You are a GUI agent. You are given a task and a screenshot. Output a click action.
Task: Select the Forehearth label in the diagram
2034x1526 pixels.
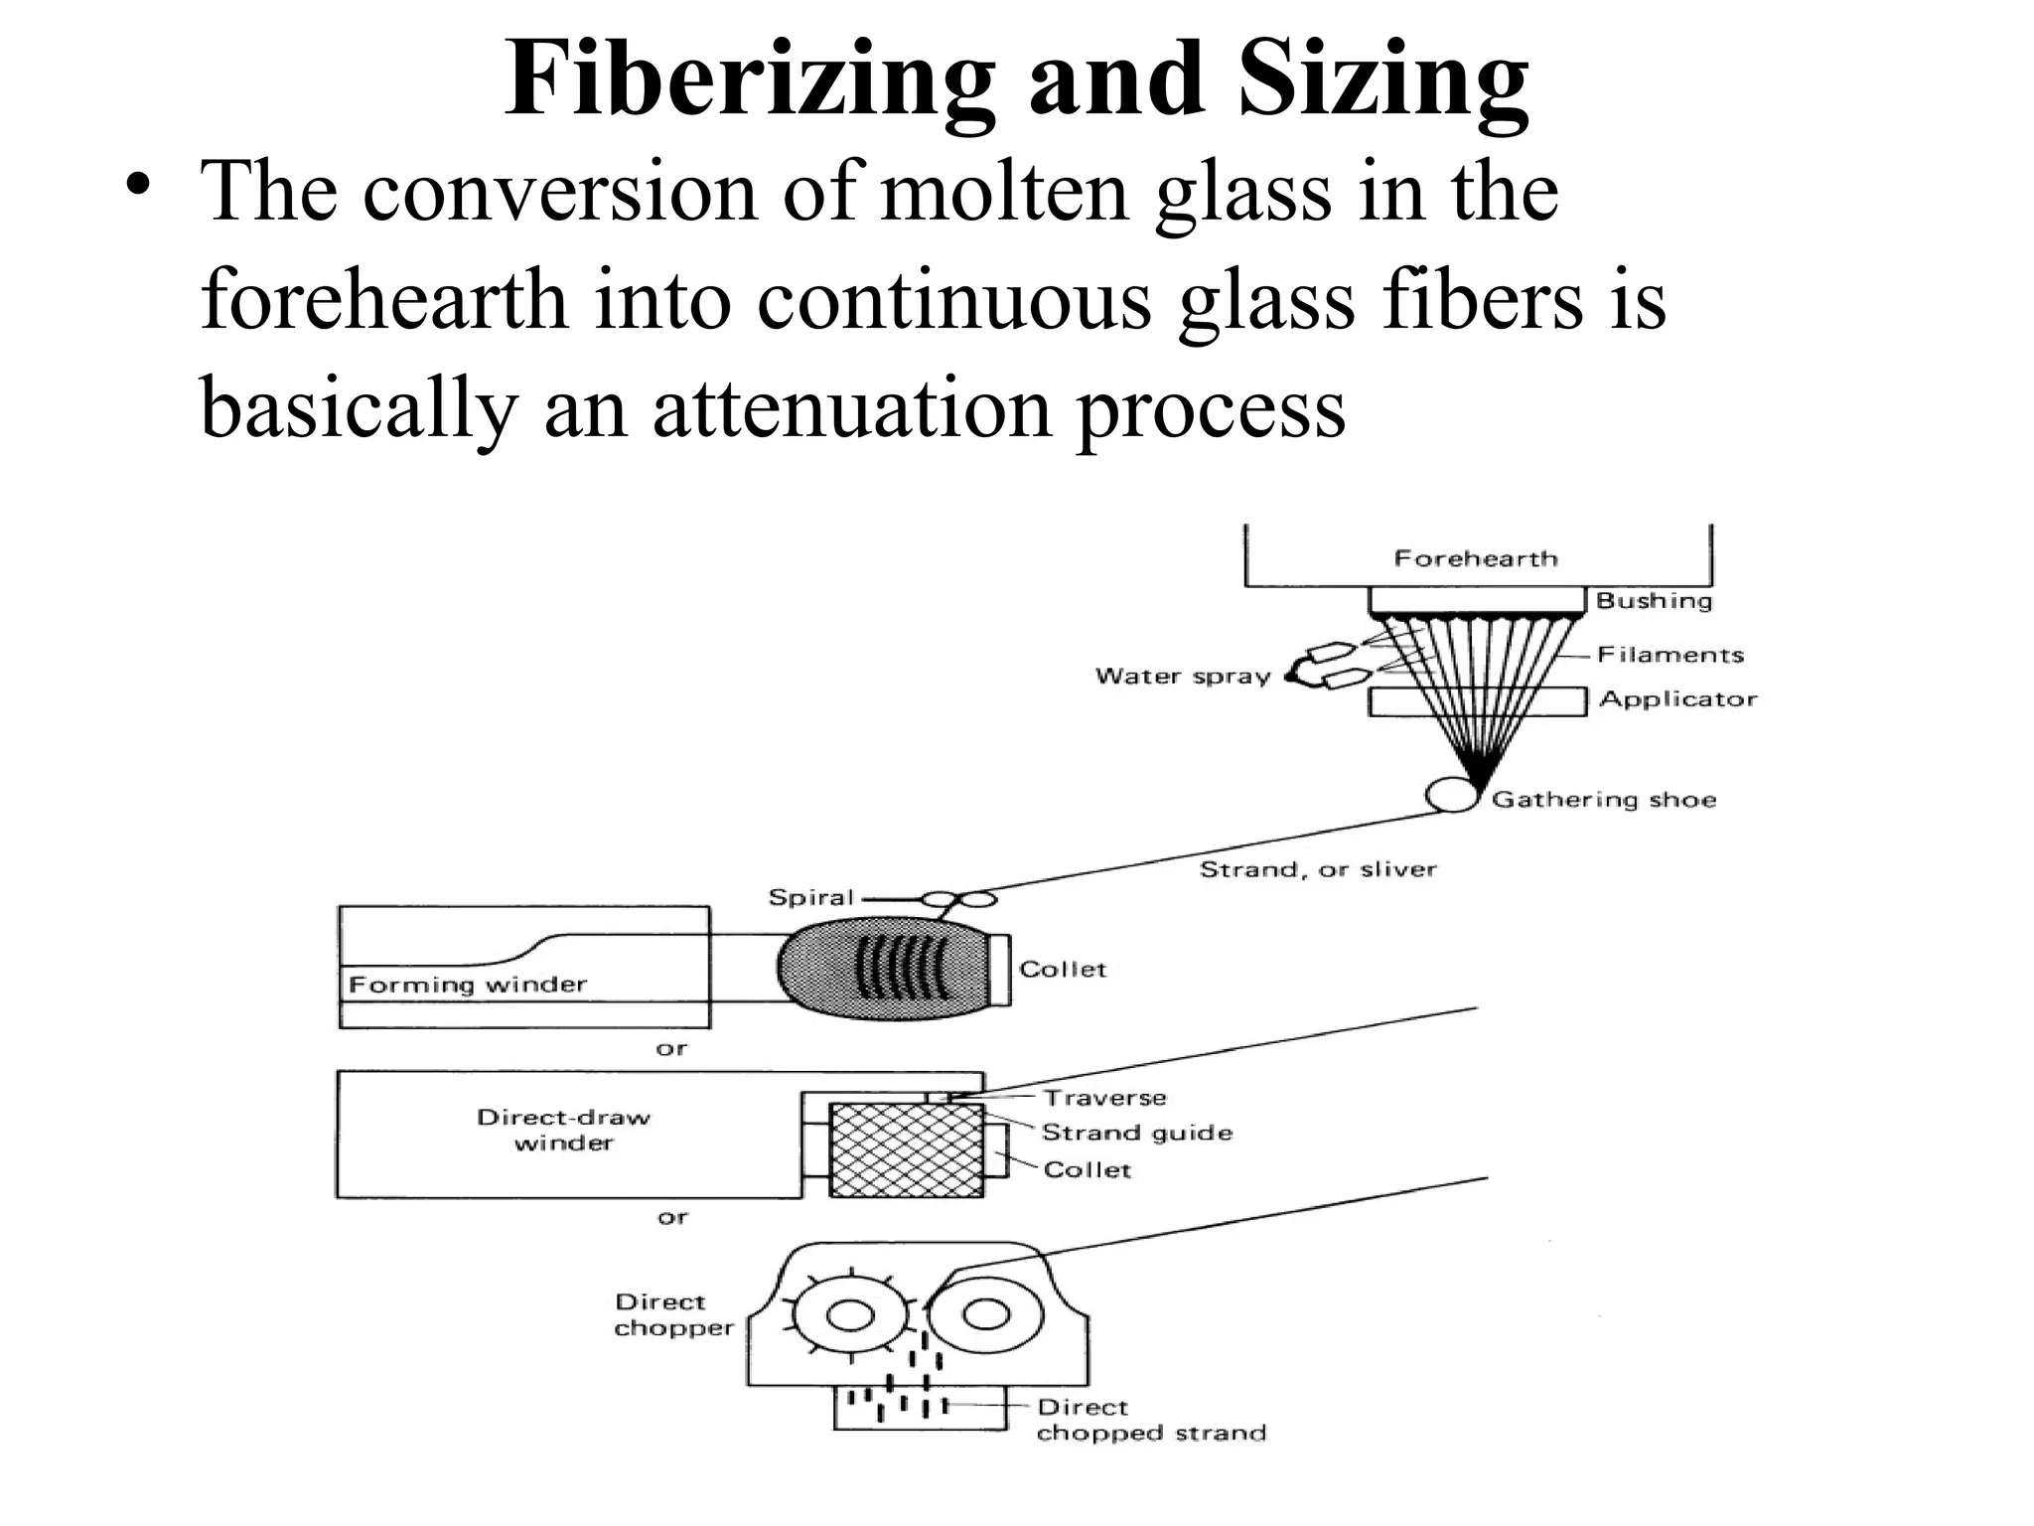[x=1476, y=558]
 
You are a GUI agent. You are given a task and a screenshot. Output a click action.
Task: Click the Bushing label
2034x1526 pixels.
[x=1654, y=600]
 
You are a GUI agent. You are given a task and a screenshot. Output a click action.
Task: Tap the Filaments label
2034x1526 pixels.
[x=1671, y=654]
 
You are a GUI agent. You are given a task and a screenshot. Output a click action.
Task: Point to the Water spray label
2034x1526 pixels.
[x=1183, y=676]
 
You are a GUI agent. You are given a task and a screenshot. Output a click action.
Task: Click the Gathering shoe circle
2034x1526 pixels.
[x=1451, y=795]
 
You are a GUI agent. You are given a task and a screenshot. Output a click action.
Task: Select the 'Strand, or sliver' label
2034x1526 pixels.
[x=1318, y=869]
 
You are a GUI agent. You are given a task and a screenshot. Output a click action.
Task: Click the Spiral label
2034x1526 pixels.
[x=810, y=897]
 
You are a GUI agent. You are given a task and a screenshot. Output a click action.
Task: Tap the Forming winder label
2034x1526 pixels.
[x=468, y=985]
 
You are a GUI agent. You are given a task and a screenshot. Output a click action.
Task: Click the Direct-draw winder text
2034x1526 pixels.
[x=563, y=1130]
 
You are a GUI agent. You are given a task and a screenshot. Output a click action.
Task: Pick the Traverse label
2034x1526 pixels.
[x=1104, y=1097]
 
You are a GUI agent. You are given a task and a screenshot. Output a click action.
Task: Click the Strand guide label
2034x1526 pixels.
[x=1136, y=1132]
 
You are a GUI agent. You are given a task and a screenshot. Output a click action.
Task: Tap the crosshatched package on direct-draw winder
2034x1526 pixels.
[x=906, y=1149]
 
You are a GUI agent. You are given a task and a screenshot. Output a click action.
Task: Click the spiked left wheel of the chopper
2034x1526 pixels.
[x=850, y=1315]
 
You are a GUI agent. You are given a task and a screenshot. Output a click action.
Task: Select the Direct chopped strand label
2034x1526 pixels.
[x=1150, y=1420]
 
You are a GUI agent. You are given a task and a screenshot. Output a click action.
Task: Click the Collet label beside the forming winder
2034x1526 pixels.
[x=1062, y=969]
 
